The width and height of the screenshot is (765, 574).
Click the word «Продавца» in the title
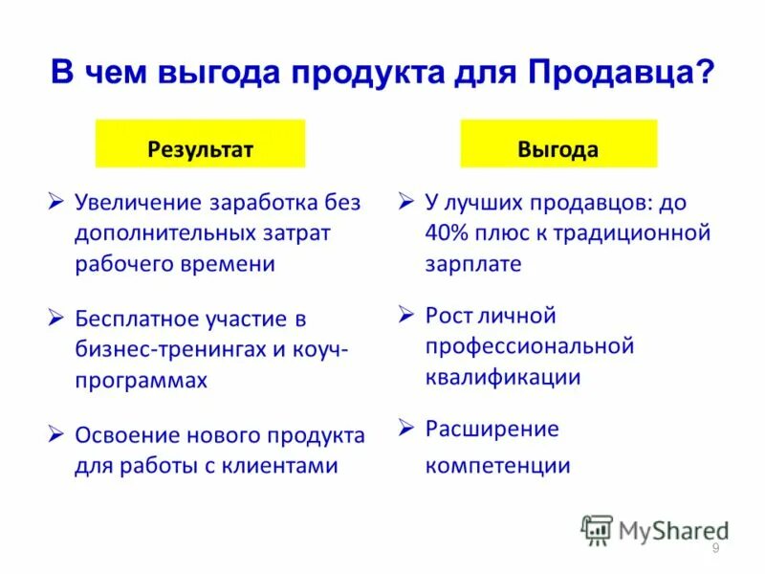coord(607,73)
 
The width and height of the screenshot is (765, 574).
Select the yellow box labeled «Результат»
coord(200,149)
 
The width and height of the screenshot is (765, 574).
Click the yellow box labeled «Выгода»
coord(558,149)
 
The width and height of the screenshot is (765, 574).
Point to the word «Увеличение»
coord(139,203)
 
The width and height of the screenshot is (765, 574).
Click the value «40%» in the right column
coord(447,233)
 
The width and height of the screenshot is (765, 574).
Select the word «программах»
coord(141,380)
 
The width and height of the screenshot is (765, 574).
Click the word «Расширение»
coord(492,428)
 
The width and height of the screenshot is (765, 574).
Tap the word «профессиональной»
coord(530,346)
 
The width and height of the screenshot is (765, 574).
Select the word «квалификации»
coord(503,377)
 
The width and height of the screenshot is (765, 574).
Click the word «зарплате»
coord(473,264)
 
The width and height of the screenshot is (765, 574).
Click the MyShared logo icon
coord(597,528)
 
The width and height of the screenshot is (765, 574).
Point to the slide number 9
coord(715,547)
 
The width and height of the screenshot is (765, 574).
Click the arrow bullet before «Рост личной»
coord(405,314)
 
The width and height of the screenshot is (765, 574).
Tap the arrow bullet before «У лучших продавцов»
coord(405,202)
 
